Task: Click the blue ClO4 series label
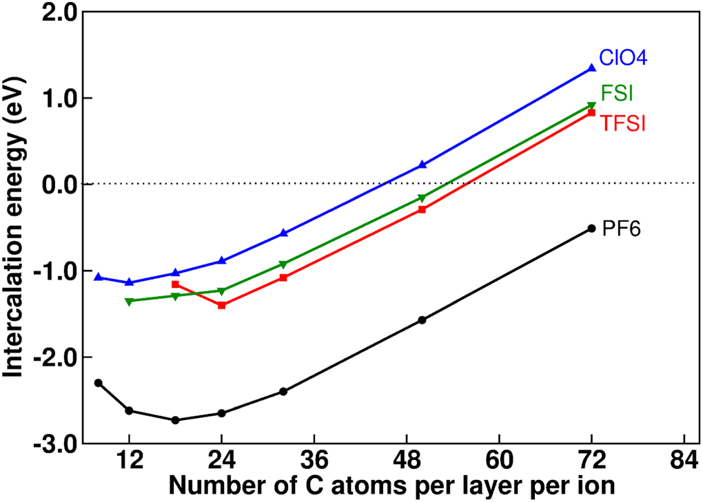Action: [x=622, y=58]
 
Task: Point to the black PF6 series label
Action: [x=622, y=229]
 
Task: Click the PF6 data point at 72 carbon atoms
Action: [x=591, y=228]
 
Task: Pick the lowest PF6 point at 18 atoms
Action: [x=175, y=420]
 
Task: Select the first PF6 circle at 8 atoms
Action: [x=98, y=383]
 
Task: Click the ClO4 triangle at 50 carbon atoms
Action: [x=422, y=165]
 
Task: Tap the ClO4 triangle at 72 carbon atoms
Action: [x=591, y=67]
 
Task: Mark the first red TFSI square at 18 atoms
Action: [x=175, y=284]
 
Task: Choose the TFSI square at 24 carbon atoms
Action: [x=221, y=305]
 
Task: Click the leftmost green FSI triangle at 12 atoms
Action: [x=129, y=302]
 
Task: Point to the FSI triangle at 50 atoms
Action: [x=422, y=198]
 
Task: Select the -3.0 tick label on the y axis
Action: [x=55, y=443]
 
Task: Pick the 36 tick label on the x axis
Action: [x=314, y=459]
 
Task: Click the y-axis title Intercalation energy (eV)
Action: [x=15, y=227]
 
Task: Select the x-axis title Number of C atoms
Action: [x=391, y=486]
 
